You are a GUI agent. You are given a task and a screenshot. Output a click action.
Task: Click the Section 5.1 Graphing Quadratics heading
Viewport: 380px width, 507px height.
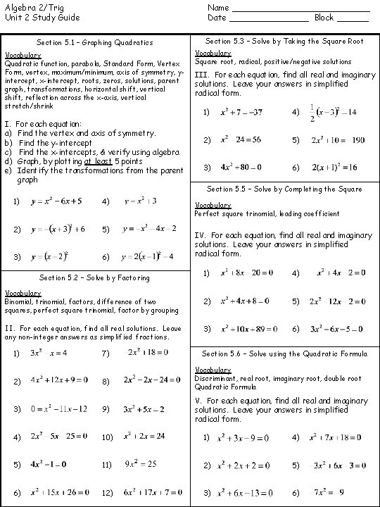tap(95, 43)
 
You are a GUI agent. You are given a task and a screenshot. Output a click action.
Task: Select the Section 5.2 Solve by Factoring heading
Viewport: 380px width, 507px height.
tap(95, 277)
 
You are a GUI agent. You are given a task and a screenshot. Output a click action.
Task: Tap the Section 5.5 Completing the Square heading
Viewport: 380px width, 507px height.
tap(285, 189)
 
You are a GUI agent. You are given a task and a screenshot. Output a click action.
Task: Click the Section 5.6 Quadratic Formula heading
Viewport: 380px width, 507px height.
tap(285, 353)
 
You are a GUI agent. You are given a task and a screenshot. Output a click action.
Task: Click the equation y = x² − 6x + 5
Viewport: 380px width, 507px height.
tap(57, 201)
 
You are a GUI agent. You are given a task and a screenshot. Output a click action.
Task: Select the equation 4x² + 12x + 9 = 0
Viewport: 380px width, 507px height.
tap(59, 380)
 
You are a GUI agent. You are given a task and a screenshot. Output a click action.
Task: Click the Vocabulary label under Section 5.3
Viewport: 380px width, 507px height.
tap(212, 54)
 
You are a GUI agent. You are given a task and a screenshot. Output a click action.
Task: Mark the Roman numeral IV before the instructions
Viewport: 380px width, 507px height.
tap(200, 235)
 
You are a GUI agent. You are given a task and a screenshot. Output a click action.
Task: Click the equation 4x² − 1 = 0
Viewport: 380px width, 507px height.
tap(49, 465)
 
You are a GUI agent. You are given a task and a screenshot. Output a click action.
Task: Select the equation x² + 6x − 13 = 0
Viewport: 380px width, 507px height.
tap(242, 492)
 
